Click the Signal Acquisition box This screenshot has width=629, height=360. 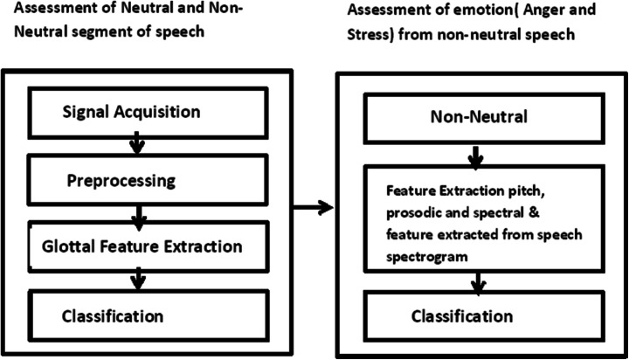[x=131, y=112]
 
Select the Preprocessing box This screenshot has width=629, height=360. [x=131, y=181]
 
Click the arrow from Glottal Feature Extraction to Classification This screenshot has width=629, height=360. [x=135, y=279]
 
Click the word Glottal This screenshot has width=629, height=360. [x=67, y=246]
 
